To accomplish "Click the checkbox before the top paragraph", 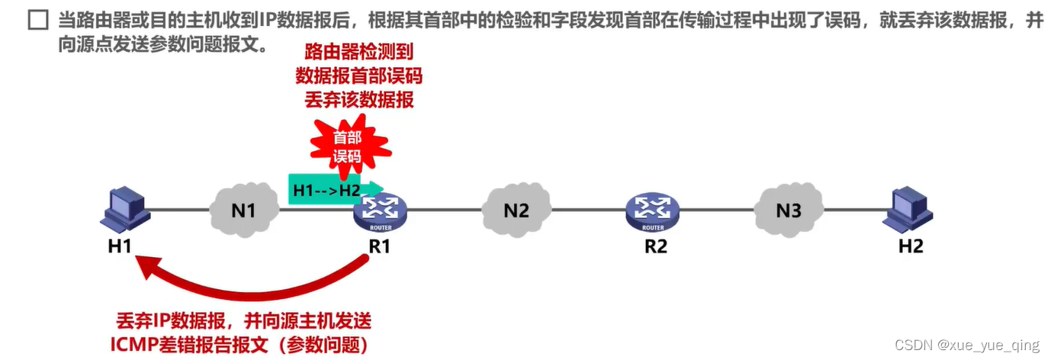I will [37, 21].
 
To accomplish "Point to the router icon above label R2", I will [653, 212].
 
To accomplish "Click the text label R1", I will [379, 246].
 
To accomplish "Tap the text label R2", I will [655, 246].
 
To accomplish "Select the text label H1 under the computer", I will [120, 246].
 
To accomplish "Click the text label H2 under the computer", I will [911, 246].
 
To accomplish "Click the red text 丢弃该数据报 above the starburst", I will [358, 99].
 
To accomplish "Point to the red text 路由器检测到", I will [358, 52].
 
